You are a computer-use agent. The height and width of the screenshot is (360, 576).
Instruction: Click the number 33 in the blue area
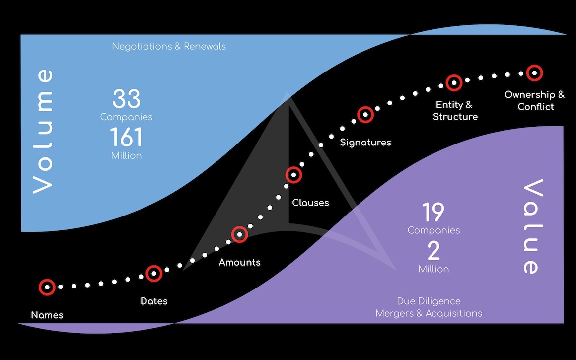tap(126, 98)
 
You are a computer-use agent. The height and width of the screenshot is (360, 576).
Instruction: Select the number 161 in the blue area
tap(126, 137)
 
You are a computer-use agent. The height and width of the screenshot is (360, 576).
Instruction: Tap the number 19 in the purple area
tap(433, 212)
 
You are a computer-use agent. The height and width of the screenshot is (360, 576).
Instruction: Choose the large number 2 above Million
tap(434, 251)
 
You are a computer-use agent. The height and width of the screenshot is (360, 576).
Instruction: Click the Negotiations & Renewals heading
tap(169, 46)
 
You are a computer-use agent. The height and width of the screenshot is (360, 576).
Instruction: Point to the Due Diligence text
tap(429, 301)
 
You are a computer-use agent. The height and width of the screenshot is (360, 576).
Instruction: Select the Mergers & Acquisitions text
tap(429, 313)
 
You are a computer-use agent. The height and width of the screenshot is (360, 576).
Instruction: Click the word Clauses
tap(310, 203)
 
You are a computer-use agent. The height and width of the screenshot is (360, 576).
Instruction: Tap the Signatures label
tap(365, 143)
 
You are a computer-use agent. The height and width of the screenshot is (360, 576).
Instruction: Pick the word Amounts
tap(239, 262)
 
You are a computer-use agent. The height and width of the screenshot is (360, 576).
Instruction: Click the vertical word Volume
tap(43, 131)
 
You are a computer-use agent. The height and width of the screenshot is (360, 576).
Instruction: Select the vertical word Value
tap(533, 226)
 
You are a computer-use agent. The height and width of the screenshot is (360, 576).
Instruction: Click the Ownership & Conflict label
tap(535, 101)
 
